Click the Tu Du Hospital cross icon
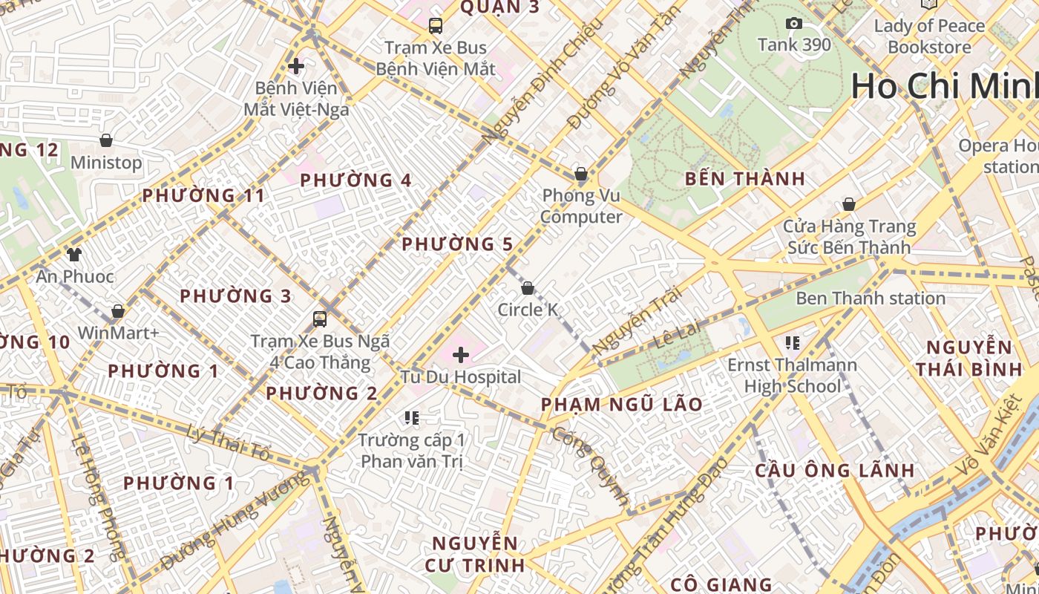[x=461, y=355]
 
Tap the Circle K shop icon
[x=528, y=287]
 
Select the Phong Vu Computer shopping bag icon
[x=581, y=174]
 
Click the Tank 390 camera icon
[x=794, y=24]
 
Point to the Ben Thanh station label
[x=871, y=298]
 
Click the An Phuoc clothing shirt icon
[x=73, y=255]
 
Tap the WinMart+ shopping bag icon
[x=118, y=311]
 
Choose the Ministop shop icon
[x=106, y=140]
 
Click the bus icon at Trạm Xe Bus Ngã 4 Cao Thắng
[x=320, y=319]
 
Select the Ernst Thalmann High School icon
[x=792, y=343]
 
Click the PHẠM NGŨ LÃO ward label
[x=621, y=405]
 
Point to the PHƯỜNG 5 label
[x=457, y=244]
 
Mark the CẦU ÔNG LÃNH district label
[x=835, y=471]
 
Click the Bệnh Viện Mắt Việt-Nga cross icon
[x=296, y=66]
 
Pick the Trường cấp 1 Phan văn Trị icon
[x=412, y=418]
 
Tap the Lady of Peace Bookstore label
[x=929, y=36]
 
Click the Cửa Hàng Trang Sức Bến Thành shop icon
[x=848, y=204]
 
